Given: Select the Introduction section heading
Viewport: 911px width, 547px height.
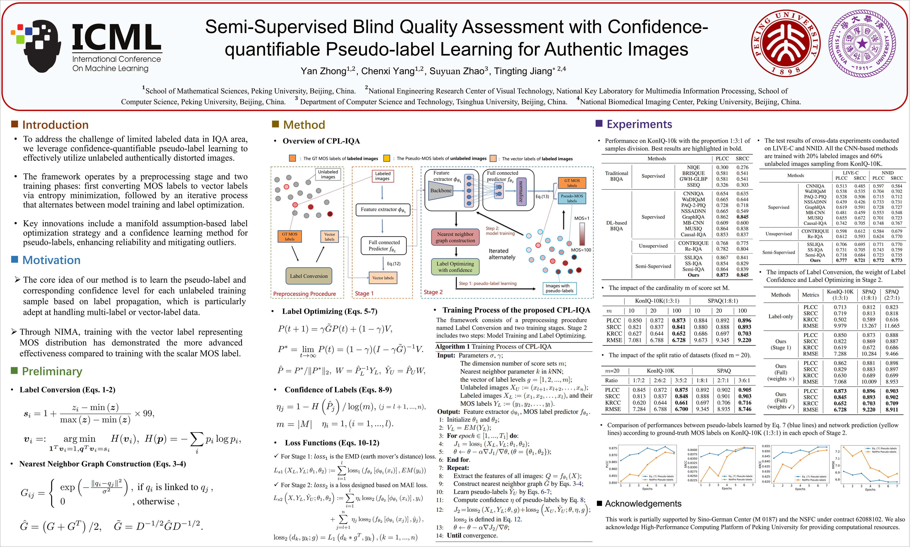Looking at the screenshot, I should (x=55, y=125).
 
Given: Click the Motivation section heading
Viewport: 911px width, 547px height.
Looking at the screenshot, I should (x=51, y=260).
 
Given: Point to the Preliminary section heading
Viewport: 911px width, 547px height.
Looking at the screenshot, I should (x=52, y=371).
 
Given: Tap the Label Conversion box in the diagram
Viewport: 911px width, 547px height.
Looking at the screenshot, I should (x=309, y=276).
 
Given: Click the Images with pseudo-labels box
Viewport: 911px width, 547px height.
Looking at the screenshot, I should (x=559, y=288).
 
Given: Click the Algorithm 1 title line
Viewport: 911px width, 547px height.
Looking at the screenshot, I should (x=493, y=346).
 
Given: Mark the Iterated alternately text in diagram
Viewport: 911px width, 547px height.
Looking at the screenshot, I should (x=502, y=254).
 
